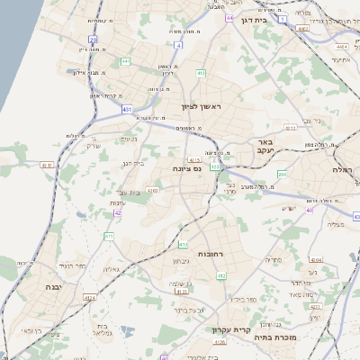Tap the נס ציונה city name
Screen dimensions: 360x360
click(x=186, y=168)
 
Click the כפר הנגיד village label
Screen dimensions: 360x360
click(x=67, y=267)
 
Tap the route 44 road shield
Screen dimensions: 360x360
click(x=229, y=18)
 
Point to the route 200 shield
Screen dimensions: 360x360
click(x=281, y=175)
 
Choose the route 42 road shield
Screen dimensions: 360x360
click(x=117, y=213)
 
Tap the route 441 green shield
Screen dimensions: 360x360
click(x=125, y=61)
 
